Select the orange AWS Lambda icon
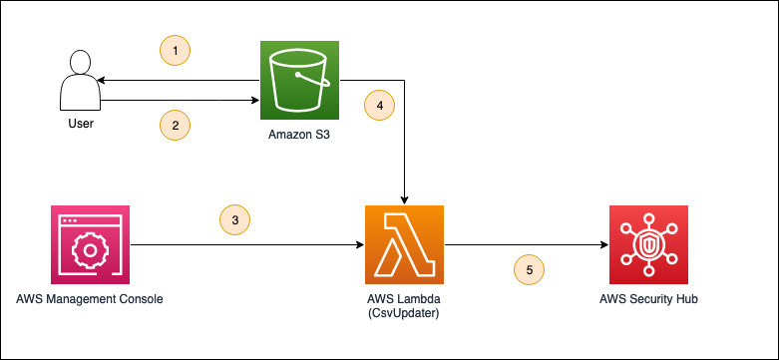404,244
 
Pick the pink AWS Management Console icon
89,244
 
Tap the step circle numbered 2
175,125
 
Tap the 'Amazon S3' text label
299,136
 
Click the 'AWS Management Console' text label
89,299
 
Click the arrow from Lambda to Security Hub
519,244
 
